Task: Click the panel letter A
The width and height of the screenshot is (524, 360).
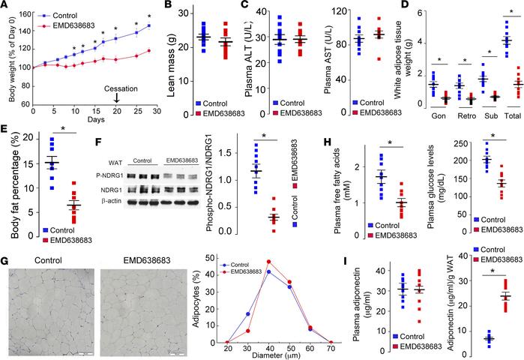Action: (x=6, y=7)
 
